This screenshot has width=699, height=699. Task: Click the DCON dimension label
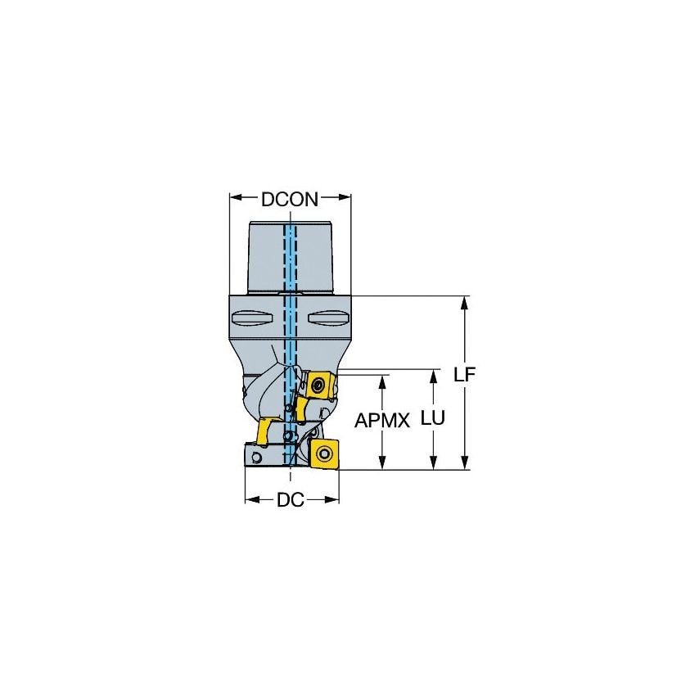(x=290, y=198)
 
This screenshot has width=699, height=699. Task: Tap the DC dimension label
(x=290, y=500)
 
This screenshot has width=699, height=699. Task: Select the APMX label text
(x=382, y=421)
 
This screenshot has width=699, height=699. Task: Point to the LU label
(x=432, y=418)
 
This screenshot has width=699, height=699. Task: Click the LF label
(x=465, y=374)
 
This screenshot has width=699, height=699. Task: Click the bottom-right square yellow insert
(x=324, y=451)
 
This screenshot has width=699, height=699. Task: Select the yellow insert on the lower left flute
(x=265, y=431)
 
